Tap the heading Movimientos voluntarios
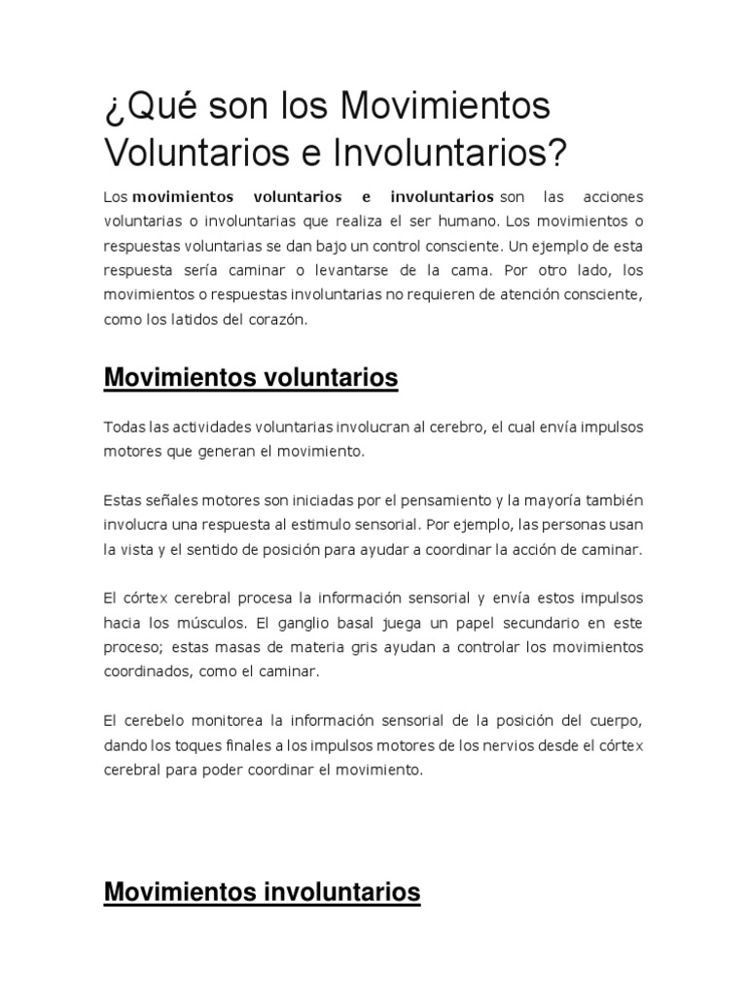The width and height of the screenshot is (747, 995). [x=251, y=378]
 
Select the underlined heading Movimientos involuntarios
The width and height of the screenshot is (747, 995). [x=262, y=891]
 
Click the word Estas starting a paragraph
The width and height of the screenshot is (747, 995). [x=121, y=500]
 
